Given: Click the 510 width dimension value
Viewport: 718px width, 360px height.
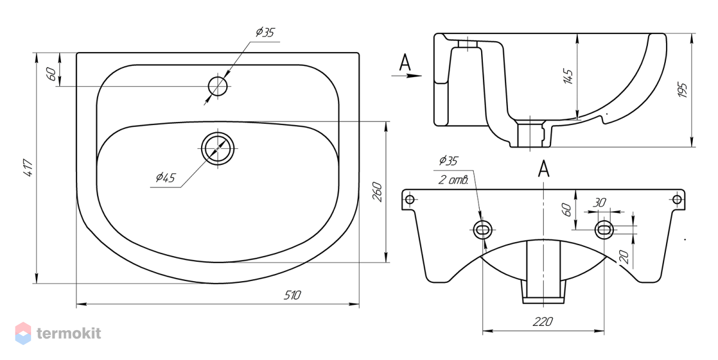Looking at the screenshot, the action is point(292,295).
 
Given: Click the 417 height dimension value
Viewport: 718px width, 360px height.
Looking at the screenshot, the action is point(28,167).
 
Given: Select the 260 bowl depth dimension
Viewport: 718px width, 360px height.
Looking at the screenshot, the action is point(378,192).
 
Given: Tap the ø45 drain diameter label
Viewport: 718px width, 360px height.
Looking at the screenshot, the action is point(166,177).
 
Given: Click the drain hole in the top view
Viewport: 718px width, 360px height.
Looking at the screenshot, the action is point(218,148).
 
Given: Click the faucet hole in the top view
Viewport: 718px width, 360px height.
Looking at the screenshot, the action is point(218,86).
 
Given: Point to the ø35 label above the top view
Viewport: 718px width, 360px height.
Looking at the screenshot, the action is point(266,32).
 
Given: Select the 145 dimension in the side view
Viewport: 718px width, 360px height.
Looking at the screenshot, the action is point(568,76).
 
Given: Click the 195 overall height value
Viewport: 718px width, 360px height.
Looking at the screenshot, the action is point(683,90).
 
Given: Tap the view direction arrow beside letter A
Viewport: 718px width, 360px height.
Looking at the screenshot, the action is point(406,76).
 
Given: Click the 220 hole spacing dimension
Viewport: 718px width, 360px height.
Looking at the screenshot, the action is point(543,322).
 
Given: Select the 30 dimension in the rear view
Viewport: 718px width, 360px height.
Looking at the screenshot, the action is point(599,202).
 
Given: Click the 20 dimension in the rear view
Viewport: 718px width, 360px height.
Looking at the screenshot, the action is point(624,257).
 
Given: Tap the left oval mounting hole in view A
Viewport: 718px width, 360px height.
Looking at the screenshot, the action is point(482,230).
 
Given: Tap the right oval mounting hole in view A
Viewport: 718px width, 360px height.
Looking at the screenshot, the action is point(604,230).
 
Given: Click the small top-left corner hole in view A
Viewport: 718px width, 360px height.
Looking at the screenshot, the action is point(410,200).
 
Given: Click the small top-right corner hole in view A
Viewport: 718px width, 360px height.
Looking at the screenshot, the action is point(677,200).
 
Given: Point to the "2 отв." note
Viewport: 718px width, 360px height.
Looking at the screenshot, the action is point(454,180).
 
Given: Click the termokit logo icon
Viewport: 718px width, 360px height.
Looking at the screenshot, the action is point(23,334).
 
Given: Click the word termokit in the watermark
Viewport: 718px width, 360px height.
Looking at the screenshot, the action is point(69,334).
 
